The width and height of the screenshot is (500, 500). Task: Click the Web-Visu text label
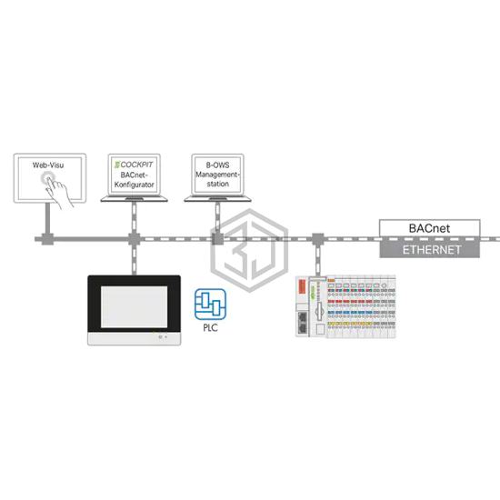click(48, 165)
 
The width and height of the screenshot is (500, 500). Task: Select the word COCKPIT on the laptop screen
click(136, 165)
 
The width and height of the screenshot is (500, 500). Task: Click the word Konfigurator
click(135, 185)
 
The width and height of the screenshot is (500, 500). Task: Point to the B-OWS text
click(217, 165)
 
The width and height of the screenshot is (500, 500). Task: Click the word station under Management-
click(218, 184)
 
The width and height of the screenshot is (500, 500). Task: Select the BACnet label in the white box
click(429, 228)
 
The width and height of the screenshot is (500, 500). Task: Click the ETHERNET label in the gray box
click(432, 250)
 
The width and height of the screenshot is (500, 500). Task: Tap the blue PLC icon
click(210, 305)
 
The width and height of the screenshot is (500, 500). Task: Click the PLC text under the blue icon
click(211, 327)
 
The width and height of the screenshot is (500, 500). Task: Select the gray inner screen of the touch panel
click(135, 306)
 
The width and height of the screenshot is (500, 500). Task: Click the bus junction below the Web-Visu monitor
click(47, 239)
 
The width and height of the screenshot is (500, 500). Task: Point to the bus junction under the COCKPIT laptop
click(135, 239)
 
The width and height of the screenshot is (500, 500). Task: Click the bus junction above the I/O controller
click(317, 239)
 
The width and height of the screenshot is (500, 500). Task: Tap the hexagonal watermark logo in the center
click(250, 250)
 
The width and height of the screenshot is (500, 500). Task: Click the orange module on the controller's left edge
click(302, 286)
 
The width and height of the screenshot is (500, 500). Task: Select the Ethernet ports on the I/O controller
click(303, 323)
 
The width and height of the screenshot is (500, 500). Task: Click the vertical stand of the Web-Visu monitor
click(47, 218)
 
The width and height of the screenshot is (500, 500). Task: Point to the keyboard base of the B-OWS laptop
click(218, 199)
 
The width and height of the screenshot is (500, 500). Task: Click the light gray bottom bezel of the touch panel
click(135, 338)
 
